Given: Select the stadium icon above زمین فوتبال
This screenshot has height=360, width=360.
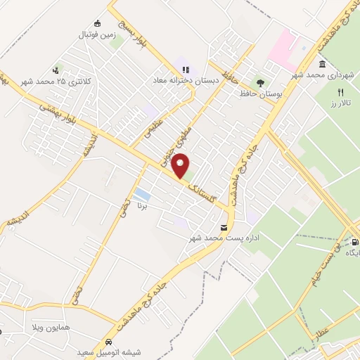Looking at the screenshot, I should (x=97, y=22).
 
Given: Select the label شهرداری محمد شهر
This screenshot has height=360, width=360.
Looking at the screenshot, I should (x=325, y=75).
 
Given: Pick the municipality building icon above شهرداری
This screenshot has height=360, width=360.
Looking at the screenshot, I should (x=322, y=64).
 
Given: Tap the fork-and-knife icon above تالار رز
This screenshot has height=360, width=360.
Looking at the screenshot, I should (x=340, y=92).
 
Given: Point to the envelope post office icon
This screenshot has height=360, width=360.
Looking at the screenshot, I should (x=224, y=228).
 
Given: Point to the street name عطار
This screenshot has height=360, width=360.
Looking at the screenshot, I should (x=326, y=330).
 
